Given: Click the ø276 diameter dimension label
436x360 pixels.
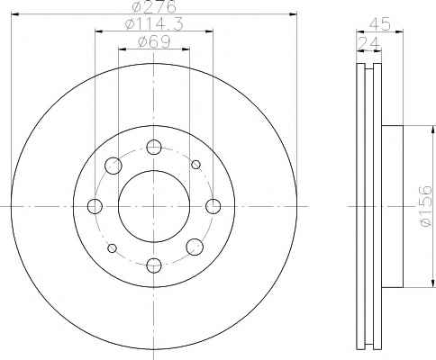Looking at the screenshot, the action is click(154, 6).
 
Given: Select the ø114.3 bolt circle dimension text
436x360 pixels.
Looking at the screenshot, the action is click(154, 24).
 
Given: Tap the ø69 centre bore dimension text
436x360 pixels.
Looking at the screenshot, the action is click(154, 41).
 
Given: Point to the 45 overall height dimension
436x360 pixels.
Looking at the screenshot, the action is click(379, 24).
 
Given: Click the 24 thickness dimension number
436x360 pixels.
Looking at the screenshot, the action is click(369, 43).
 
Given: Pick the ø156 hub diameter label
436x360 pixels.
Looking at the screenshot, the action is click(426, 206).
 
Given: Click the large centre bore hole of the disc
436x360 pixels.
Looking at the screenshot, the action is click(154, 206).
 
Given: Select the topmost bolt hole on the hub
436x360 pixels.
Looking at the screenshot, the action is click(154, 147).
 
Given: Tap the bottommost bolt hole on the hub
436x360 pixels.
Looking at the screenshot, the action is click(154, 265).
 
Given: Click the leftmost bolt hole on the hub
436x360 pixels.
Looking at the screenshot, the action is click(95, 206).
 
